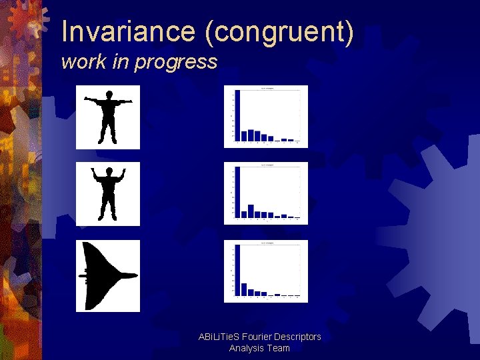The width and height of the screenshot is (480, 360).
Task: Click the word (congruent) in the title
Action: coord(279,32)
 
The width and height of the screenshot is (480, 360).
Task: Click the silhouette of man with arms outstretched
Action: coord(107,117)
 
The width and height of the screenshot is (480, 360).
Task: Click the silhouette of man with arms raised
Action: coord(107,193)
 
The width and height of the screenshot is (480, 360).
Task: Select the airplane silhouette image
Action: coord(107,276)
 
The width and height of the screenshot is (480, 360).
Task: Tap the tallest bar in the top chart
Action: coord(237,115)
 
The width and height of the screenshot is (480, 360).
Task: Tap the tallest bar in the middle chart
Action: coord(237,193)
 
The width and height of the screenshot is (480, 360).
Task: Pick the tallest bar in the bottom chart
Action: coord(237,270)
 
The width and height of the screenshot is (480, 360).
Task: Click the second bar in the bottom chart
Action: coord(244,289)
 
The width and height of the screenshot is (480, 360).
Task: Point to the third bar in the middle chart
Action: coord(251,211)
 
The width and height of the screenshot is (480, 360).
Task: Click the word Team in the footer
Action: coord(278,348)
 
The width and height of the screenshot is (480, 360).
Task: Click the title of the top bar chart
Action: coord(266,88)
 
